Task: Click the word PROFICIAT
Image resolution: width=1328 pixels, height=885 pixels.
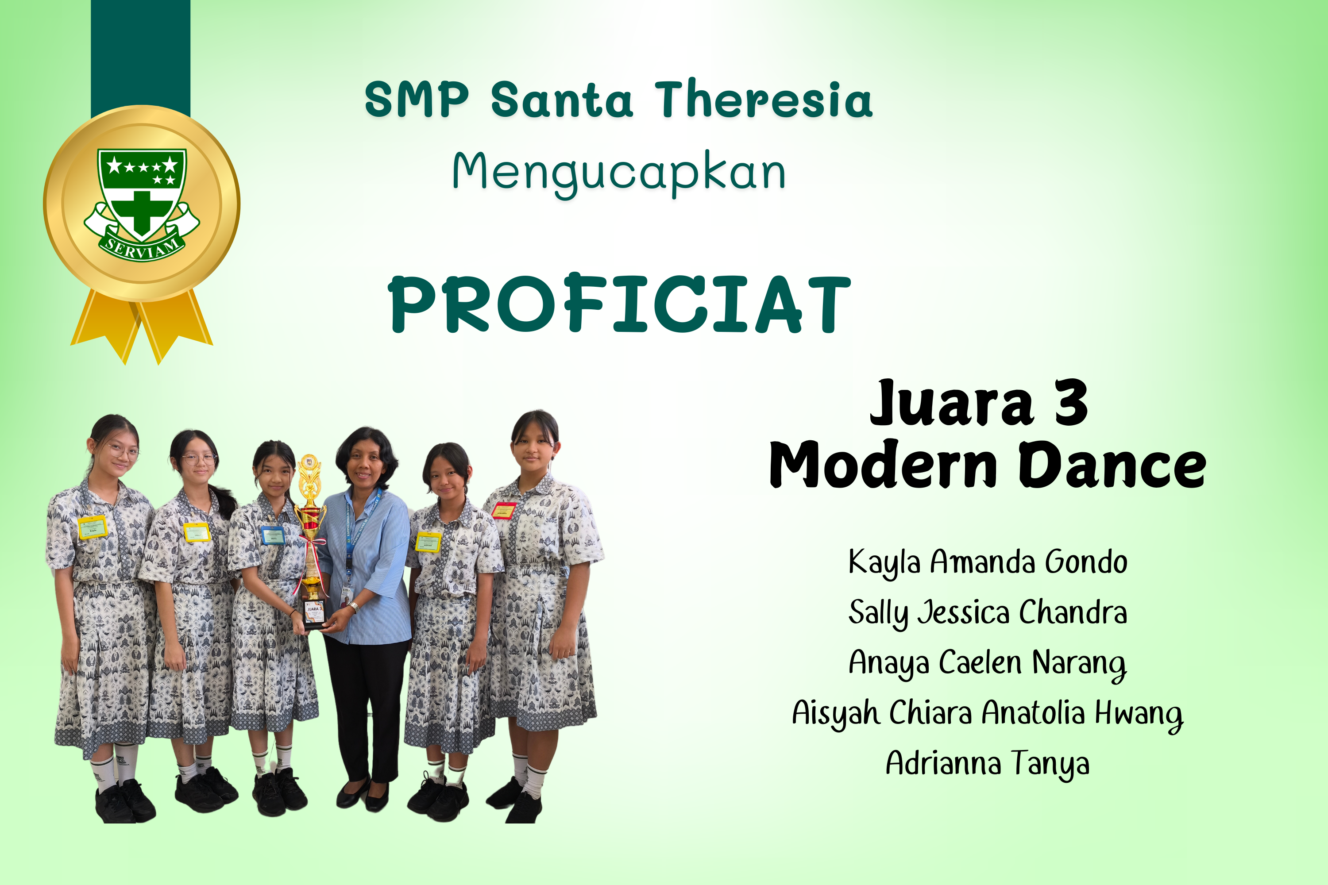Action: [x=619, y=304]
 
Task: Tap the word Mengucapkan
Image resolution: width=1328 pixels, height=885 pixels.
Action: [x=619, y=173]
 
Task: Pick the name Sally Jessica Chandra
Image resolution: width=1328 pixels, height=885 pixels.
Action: [x=988, y=613]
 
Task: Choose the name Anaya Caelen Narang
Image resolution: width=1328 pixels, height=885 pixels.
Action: [x=988, y=663]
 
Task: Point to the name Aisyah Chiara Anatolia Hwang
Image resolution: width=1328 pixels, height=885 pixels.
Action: [x=988, y=713]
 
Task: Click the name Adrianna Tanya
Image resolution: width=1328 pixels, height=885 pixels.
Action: [x=988, y=764]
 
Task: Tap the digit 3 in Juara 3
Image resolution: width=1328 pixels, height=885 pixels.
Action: [x=1070, y=403]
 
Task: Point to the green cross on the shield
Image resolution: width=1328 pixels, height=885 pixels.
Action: [x=142, y=213]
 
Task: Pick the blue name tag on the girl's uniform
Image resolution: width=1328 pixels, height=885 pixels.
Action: [x=273, y=535]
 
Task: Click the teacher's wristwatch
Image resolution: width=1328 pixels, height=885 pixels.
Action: [x=354, y=607]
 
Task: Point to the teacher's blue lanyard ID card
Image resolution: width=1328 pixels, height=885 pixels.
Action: [x=346, y=596]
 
